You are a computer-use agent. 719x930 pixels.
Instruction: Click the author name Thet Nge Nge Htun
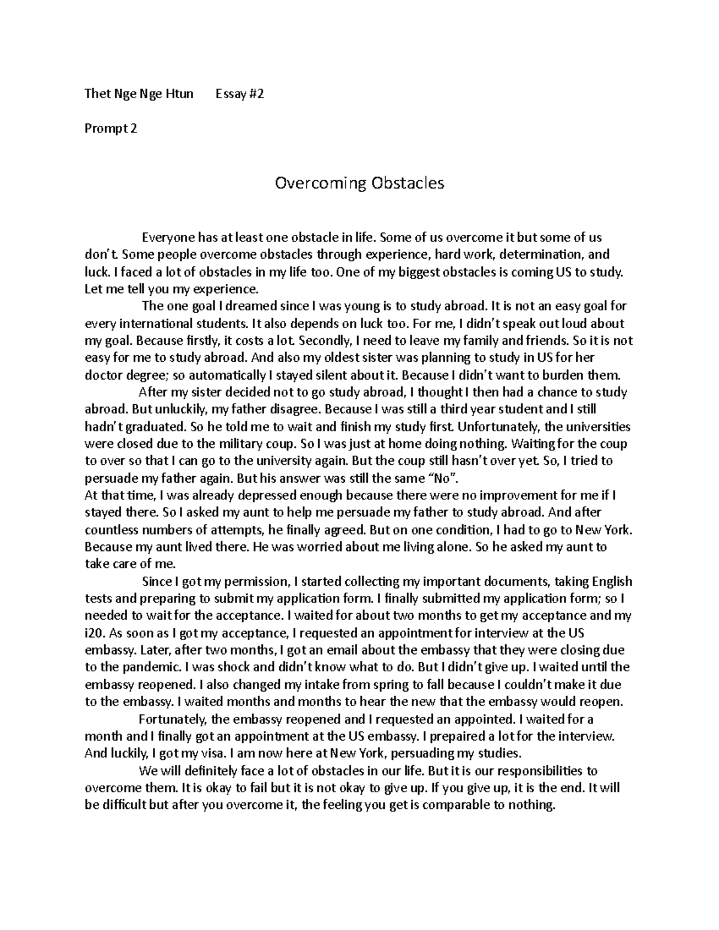[x=139, y=94]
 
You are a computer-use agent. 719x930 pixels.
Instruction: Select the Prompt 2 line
[x=111, y=128]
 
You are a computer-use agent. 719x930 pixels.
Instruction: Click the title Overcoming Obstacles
[x=359, y=183]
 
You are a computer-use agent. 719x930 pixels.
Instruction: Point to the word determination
[x=544, y=255]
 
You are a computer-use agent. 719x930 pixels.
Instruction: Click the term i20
[x=94, y=633]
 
